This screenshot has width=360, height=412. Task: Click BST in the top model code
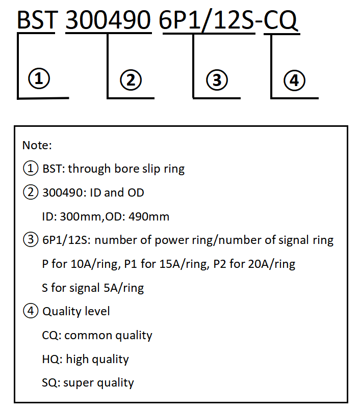37,20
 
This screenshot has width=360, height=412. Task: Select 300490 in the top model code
108,20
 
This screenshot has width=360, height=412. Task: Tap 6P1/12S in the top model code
207,20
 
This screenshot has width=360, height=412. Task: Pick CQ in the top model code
280,20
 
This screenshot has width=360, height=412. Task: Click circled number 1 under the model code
39,78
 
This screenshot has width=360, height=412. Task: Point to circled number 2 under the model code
131,80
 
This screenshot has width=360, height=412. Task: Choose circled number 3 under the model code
217,80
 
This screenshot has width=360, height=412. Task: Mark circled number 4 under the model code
294,80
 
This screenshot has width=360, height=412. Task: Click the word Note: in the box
37,145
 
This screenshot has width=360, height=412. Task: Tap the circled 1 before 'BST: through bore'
31,168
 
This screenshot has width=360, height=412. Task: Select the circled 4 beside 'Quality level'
31,311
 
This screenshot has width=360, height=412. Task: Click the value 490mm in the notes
149,216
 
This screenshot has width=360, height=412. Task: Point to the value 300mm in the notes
80,216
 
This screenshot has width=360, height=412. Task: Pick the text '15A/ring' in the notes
183,264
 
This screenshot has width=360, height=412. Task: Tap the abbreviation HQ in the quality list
50,359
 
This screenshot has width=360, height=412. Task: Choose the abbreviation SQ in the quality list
49,383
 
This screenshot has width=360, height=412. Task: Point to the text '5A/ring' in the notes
124,288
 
